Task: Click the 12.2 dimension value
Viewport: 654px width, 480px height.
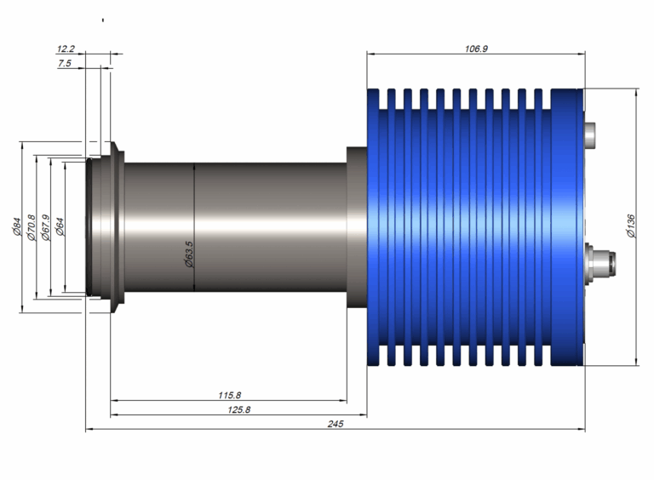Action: click(x=66, y=49)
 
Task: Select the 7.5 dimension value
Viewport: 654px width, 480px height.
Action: click(x=65, y=63)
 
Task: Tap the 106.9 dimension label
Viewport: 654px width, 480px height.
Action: click(x=476, y=49)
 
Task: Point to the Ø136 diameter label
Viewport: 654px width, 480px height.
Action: click(x=631, y=226)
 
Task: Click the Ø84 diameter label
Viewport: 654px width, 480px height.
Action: click(x=17, y=226)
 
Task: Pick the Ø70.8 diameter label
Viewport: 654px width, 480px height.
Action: click(x=32, y=227)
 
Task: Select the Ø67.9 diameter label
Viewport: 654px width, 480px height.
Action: click(x=45, y=227)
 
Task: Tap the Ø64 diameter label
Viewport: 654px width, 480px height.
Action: click(x=60, y=227)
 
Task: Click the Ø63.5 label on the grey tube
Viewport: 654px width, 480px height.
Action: click(x=189, y=254)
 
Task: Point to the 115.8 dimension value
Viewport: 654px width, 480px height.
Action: click(x=229, y=395)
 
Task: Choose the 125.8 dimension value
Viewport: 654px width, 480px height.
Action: click(x=239, y=409)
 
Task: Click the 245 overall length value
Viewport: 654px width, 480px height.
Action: click(x=336, y=424)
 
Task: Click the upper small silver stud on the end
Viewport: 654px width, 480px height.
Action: click(x=590, y=135)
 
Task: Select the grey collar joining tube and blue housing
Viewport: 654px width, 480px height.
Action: click(x=357, y=227)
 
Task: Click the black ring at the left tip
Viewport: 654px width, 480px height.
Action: click(x=89, y=227)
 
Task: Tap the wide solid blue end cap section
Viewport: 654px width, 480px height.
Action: click(x=567, y=227)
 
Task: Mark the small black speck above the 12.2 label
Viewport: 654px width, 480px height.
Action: click(x=103, y=20)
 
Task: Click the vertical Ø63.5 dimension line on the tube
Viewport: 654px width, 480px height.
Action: click(x=194, y=227)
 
